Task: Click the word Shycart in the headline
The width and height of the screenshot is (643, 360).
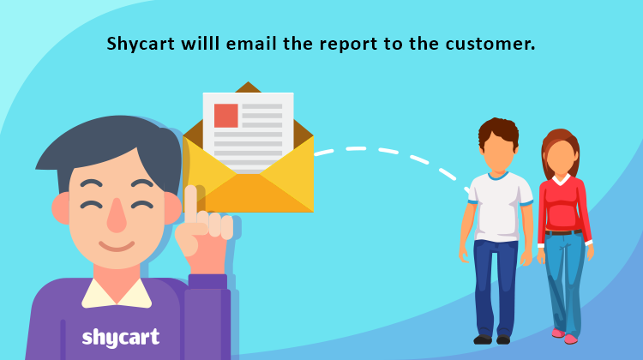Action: (141, 45)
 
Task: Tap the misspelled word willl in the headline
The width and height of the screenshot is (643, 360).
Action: (201, 43)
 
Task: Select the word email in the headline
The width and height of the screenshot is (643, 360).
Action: (251, 43)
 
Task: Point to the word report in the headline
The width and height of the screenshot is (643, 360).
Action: (349, 45)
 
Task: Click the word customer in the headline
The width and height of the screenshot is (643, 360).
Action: (486, 44)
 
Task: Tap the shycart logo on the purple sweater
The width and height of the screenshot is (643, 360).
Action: (121, 338)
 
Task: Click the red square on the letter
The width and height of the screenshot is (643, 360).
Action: (226, 116)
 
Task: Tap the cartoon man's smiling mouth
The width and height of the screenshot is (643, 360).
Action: (117, 246)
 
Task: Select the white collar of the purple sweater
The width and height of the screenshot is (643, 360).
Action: (117, 293)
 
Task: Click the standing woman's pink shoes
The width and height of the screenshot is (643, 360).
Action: (565, 336)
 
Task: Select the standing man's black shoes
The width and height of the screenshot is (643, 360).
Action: (492, 339)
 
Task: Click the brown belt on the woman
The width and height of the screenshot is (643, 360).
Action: (563, 232)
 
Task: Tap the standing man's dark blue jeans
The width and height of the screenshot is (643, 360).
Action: (495, 288)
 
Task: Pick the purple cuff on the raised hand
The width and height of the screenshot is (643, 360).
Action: (207, 282)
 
